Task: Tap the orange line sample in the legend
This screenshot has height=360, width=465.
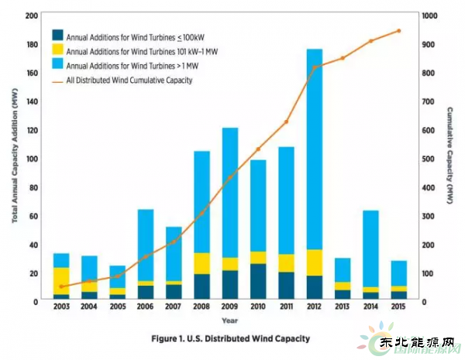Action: [x=57, y=80]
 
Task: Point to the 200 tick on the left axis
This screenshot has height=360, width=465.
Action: [x=33, y=15]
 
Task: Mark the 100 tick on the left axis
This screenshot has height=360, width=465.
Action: [x=33, y=159]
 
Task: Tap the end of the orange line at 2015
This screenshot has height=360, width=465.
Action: [x=398, y=31]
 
